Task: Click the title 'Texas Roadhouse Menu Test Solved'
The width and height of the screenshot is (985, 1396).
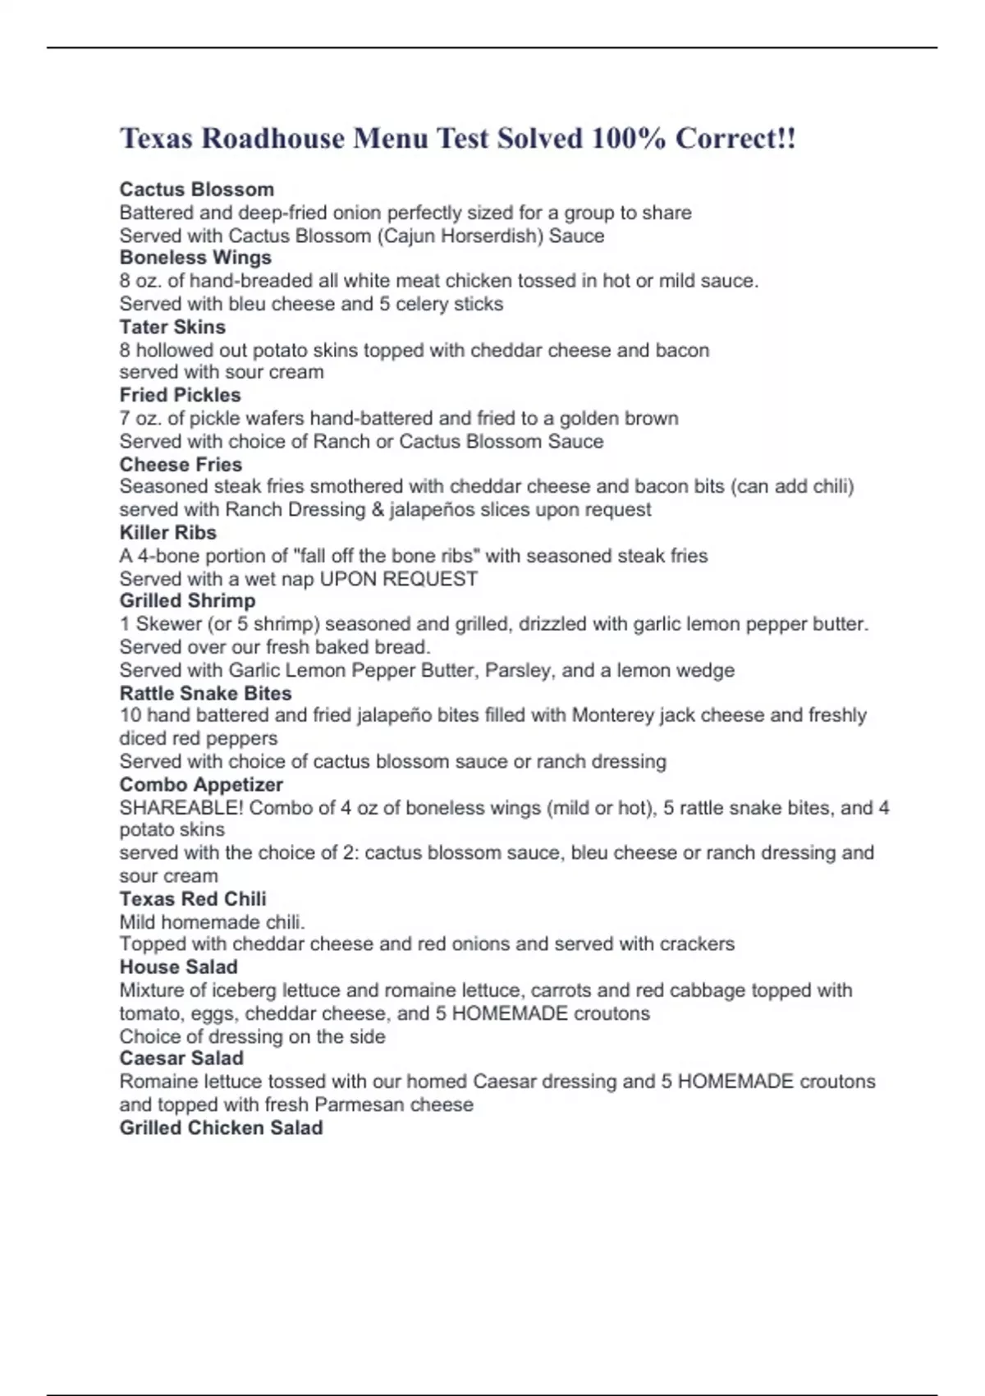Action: point(457,138)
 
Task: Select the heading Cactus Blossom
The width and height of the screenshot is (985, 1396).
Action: point(197,190)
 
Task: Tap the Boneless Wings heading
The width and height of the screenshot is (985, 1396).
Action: point(195,258)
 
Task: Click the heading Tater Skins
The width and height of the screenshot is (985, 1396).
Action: point(172,327)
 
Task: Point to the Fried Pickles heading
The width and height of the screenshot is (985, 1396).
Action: point(180,395)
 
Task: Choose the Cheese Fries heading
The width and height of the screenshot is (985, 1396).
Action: point(181,464)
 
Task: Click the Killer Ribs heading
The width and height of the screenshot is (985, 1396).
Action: point(167,532)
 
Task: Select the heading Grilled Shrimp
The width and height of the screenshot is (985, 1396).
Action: point(187,601)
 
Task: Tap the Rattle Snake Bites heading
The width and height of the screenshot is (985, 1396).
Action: point(205,693)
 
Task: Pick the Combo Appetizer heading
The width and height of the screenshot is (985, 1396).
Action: point(201,785)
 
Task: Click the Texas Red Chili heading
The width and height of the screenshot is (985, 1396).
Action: point(193,899)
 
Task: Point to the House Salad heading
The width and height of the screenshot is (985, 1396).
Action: point(178,967)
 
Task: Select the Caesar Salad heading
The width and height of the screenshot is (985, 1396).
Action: point(181,1058)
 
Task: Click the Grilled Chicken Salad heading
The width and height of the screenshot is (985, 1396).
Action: point(221,1128)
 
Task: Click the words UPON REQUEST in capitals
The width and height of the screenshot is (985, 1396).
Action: point(398,579)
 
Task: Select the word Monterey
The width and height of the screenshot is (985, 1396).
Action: point(612,715)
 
